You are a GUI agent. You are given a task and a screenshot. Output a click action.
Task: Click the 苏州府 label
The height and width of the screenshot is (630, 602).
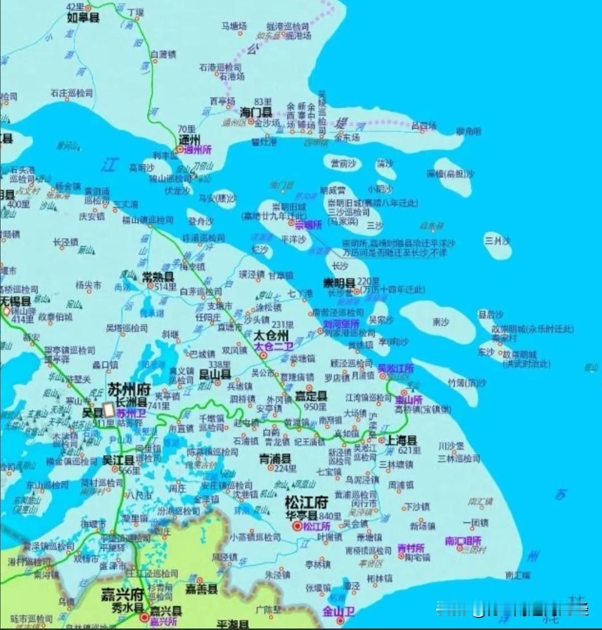(129, 389)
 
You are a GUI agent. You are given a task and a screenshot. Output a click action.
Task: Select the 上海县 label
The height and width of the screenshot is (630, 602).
(401, 441)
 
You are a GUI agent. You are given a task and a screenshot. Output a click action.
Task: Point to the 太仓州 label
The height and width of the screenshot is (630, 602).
(271, 336)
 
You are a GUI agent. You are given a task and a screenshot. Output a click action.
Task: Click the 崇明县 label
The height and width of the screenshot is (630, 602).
(339, 282)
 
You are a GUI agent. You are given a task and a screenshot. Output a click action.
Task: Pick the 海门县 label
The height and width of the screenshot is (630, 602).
(256, 112)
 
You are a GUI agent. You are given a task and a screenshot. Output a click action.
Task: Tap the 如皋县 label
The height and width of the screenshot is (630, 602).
(83, 18)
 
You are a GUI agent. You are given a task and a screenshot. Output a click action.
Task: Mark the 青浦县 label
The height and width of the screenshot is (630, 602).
(275, 458)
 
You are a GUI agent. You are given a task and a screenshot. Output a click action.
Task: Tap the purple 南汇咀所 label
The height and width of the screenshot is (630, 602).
(463, 541)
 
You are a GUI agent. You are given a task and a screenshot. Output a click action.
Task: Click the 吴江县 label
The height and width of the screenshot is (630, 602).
(118, 460)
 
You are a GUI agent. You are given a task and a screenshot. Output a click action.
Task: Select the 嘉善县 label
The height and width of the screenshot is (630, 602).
(202, 589)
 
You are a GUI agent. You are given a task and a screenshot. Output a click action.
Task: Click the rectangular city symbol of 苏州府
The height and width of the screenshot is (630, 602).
(108, 410)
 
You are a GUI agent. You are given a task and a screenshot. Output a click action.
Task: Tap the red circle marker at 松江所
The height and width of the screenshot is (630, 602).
(297, 526)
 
